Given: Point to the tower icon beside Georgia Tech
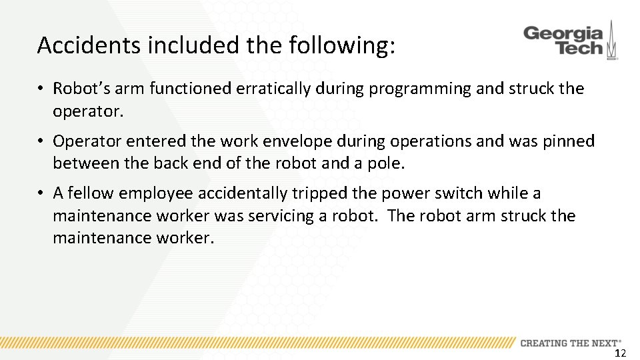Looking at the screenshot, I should coord(612,41).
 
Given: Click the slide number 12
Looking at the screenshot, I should coord(620,353).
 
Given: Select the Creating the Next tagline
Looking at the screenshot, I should coord(571,343).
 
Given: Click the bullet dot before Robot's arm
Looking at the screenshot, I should coord(41,89).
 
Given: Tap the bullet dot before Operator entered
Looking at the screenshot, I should coord(41,141).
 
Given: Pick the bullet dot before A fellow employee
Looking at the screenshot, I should coord(41,193).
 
